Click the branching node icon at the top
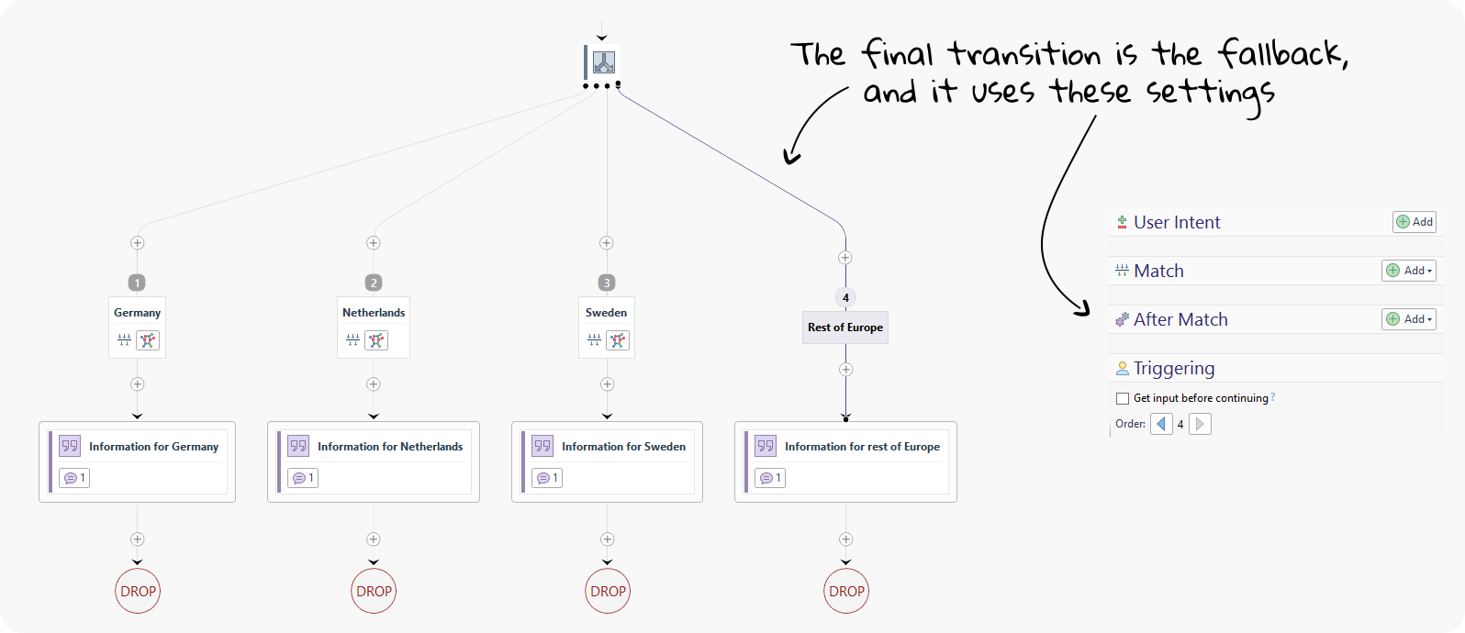(603, 62)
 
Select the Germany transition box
(137, 327)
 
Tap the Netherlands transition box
(374, 327)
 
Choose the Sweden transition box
(606, 327)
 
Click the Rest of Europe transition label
(845, 328)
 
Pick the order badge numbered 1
(137, 283)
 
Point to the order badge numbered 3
(606, 283)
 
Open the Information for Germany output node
(138, 461)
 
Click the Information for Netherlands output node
(374, 461)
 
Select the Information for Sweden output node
(607, 461)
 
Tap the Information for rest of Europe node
(845, 461)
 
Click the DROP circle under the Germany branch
(138, 591)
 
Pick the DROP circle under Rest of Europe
(846, 591)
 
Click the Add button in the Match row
(1408, 271)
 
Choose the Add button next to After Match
(1408, 319)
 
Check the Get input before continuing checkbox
(1123, 398)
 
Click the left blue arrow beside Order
(1161, 424)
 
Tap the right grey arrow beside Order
(1200, 424)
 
